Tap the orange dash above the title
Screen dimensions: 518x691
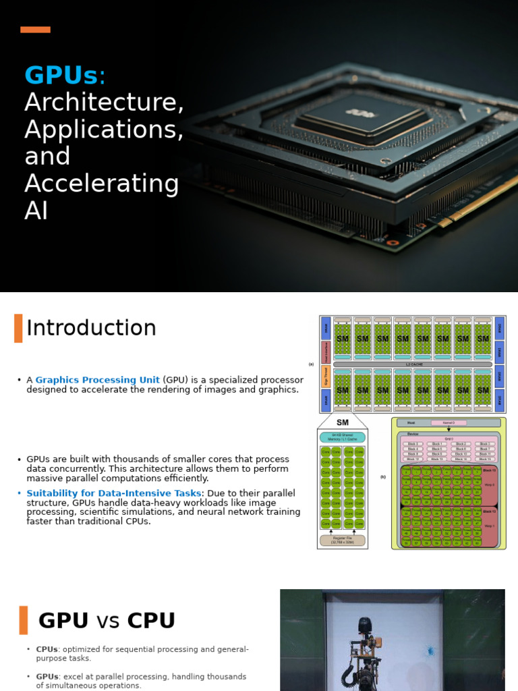click(35, 30)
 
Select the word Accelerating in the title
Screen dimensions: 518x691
click(102, 183)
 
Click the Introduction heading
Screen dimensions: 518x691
click(91, 328)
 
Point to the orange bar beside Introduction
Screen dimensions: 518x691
click(18, 328)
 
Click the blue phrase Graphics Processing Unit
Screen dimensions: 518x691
click(97, 380)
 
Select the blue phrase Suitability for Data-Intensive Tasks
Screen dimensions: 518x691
click(113, 493)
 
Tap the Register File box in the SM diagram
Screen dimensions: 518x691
click(343, 541)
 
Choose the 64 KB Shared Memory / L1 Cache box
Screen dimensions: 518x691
click(343, 437)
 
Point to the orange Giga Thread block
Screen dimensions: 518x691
click(326, 377)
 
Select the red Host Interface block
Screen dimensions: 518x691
click(326, 352)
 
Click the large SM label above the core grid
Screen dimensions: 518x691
click(342, 422)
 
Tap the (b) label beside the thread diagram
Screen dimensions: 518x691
click(383, 477)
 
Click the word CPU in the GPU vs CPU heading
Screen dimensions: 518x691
click(151, 620)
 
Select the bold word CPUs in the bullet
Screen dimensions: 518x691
click(47, 649)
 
